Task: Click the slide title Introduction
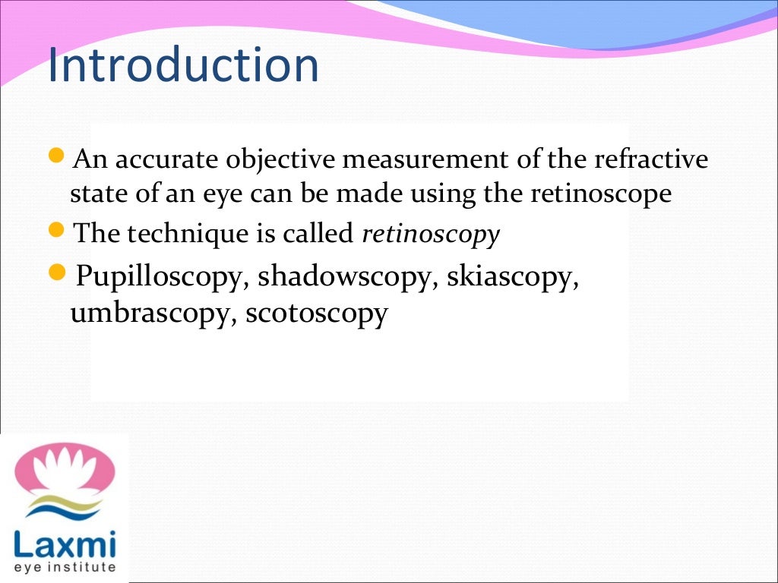182,66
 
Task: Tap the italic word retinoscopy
431,235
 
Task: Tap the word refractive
651,160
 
